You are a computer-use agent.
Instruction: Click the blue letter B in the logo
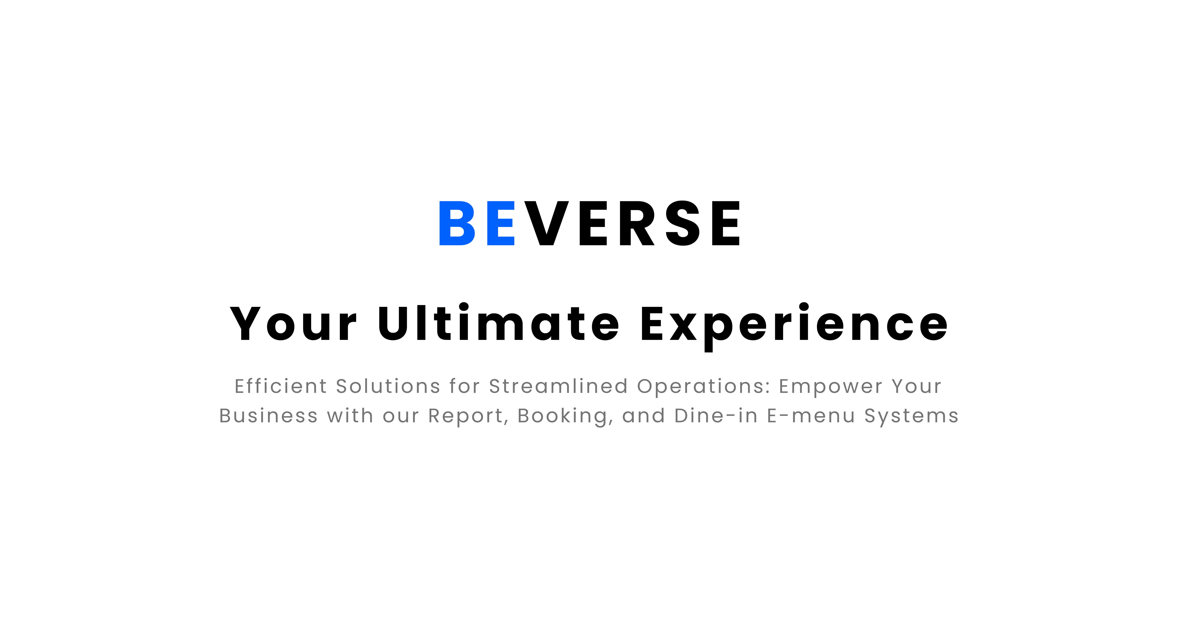[x=457, y=223]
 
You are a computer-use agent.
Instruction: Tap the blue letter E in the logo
[x=501, y=223]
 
